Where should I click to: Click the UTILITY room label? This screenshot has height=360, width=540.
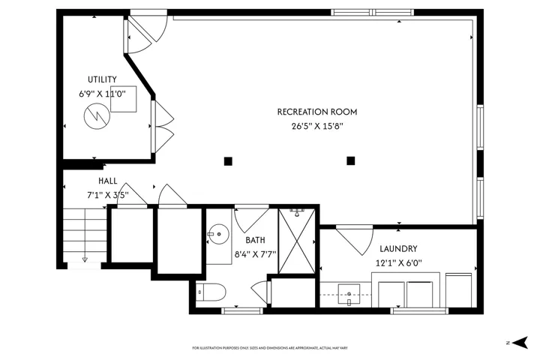point(102,79)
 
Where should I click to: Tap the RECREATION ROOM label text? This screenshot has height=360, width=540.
point(317,112)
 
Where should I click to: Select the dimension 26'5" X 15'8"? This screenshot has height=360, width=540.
point(317,126)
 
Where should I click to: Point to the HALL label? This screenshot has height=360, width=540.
point(107,181)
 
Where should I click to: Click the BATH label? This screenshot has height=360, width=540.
point(255,240)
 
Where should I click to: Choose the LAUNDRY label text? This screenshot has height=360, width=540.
point(398,249)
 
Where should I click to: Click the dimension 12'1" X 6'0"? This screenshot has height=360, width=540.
point(398,263)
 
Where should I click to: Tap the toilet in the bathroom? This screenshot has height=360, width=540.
point(211,292)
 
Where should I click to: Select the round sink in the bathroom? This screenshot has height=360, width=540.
point(219,234)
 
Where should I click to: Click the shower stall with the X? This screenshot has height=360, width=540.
point(296,241)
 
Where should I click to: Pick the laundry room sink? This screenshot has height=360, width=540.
point(349,295)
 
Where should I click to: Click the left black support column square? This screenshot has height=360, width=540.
point(228,161)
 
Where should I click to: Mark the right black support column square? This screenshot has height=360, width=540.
point(350,160)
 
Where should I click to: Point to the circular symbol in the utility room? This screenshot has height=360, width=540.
point(97,116)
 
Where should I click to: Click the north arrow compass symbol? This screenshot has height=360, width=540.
point(520,343)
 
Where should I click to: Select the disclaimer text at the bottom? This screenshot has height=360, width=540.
point(270,348)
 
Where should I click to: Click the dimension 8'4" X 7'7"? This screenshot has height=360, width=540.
point(255,254)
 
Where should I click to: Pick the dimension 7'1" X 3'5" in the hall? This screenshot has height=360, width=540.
point(107,195)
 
